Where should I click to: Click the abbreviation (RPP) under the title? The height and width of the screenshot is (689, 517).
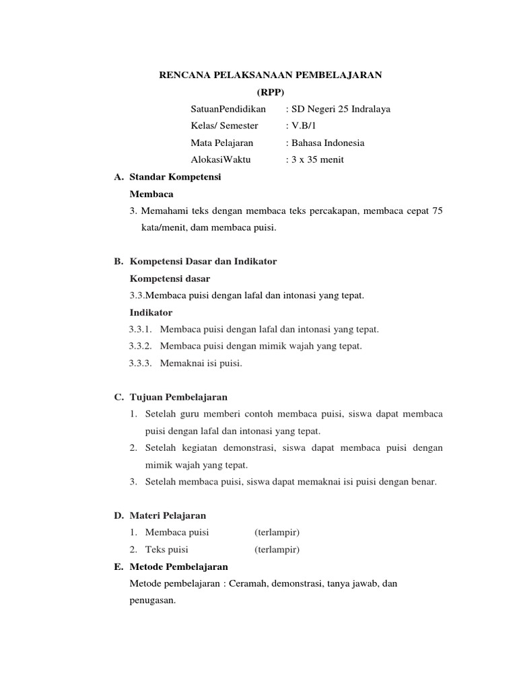click(x=271, y=92)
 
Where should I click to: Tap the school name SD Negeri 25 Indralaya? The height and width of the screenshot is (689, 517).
click(x=341, y=109)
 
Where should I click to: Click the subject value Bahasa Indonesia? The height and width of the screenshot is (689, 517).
click(x=327, y=143)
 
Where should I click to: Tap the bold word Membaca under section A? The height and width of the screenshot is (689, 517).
click(x=151, y=194)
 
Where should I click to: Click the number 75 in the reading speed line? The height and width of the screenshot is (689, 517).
click(x=437, y=211)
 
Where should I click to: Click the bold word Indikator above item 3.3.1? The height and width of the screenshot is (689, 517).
click(x=151, y=312)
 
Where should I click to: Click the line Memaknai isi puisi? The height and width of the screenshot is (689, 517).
click(x=201, y=363)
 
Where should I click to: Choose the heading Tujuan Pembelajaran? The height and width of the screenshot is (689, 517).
click(x=178, y=397)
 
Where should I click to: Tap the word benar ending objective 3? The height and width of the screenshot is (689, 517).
click(x=426, y=481)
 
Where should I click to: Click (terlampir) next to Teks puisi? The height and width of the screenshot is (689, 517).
click(x=277, y=549)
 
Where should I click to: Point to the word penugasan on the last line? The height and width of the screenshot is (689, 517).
click(x=152, y=600)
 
